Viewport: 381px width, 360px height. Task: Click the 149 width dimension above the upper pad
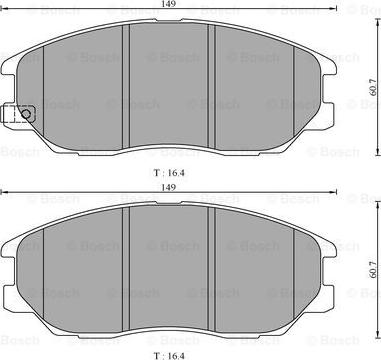[x=169, y=4]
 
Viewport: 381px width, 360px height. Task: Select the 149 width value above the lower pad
[x=169, y=187]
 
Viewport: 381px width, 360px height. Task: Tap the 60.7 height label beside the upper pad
[x=373, y=87]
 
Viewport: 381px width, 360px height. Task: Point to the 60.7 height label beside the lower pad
[x=373, y=269]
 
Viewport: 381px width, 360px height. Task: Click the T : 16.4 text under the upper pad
[x=169, y=173]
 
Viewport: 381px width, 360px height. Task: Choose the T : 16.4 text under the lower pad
[x=169, y=356]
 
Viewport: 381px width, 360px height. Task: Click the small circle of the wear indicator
[x=26, y=114]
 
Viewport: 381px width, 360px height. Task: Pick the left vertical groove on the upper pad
[x=126, y=87]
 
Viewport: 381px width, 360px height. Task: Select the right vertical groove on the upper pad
[x=211, y=86]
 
